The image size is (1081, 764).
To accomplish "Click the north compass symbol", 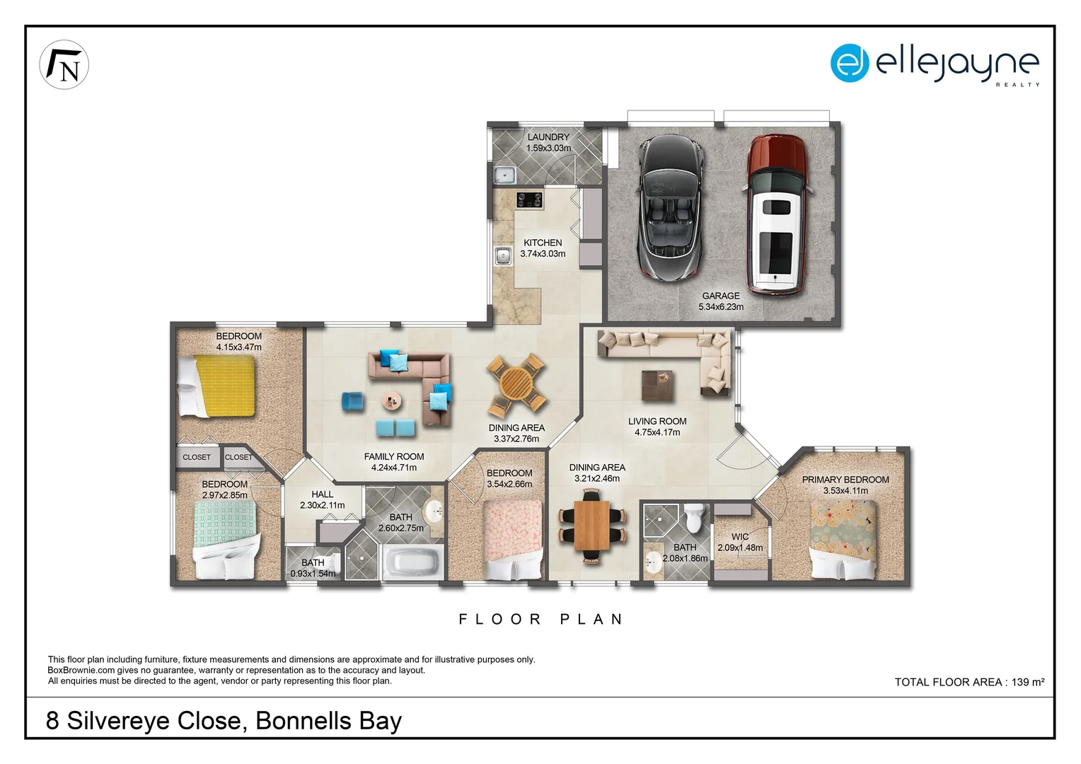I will pyautogui.click(x=64, y=65).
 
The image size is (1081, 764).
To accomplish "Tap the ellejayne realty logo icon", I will pyautogui.click(x=849, y=63).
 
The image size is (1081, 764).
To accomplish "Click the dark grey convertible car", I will pyautogui.click(x=670, y=207).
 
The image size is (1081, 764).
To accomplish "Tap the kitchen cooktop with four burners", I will pyautogui.click(x=529, y=199).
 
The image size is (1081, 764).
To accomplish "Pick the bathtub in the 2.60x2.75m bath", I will pyautogui.click(x=412, y=562).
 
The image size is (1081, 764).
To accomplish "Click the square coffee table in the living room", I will pyautogui.click(x=657, y=386).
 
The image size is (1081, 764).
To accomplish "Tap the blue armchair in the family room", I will pyautogui.click(x=352, y=401).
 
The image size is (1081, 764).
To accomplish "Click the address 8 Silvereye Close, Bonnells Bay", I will pyautogui.click(x=224, y=720).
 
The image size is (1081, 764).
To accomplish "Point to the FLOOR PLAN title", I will pyautogui.click(x=541, y=619).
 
